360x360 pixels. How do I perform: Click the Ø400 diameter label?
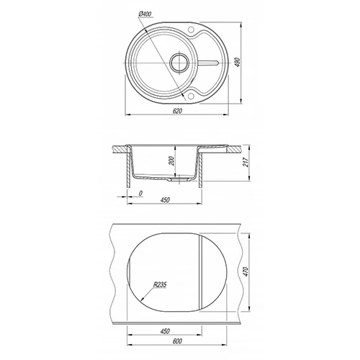(x=145, y=14)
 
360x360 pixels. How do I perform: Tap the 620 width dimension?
(x=177, y=111)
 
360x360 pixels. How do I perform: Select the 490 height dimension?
(x=237, y=62)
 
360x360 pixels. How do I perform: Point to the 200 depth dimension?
(x=171, y=161)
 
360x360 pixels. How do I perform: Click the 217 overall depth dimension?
(x=246, y=162)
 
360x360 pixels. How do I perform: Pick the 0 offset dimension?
(x=141, y=193)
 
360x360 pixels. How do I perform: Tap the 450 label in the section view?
(x=165, y=199)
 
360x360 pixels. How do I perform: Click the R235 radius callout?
(x=160, y=285)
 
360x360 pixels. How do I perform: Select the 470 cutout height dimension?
(x=246, y=271)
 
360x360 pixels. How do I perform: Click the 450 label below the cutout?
(x=165, y=331)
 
